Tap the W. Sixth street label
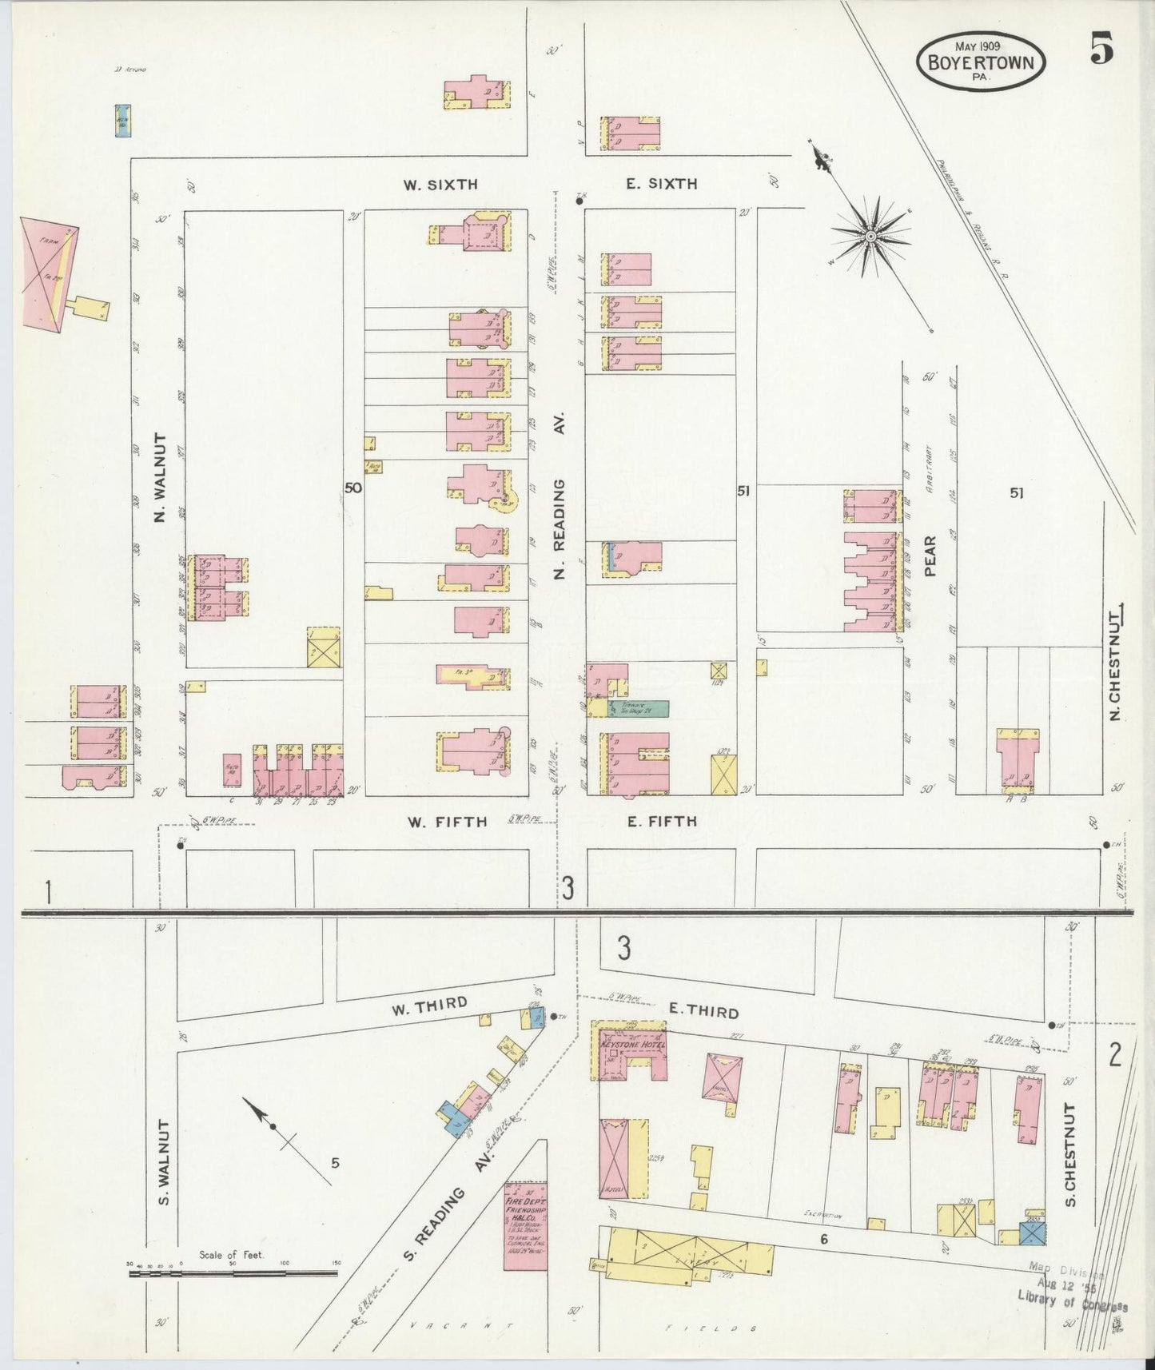440,184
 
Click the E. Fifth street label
661,821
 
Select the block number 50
353,488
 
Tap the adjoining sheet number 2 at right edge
1115,1055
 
